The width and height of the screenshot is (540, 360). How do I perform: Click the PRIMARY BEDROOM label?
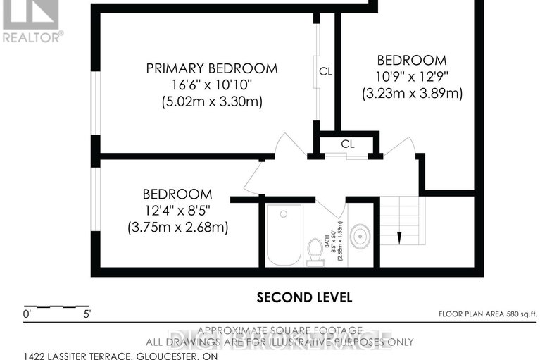coord(211,68)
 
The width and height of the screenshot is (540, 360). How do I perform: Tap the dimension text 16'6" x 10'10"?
coord(211,85)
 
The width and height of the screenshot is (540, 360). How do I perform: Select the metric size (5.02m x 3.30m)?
coord(211,102)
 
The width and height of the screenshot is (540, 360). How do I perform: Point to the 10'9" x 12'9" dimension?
coord(412,76)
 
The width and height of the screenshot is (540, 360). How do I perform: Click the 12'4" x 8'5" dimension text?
coord(177,211)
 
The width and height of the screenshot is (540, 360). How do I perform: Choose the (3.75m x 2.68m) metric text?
coord(177,228)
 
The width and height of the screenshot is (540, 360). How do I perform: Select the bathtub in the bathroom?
coord(284,235)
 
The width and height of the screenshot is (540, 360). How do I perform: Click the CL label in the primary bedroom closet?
coord(325,71)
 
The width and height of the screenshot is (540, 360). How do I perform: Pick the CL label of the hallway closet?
coord(348,144)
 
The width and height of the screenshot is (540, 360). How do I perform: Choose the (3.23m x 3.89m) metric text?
coord(412,93)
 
